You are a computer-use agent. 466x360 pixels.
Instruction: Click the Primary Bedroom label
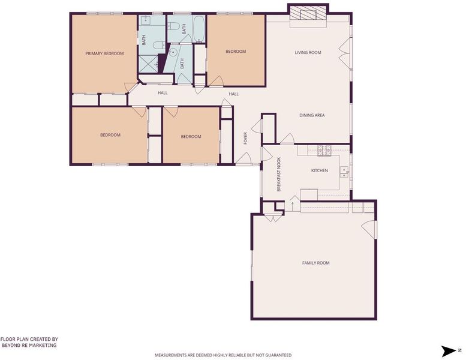(x=104, y=53)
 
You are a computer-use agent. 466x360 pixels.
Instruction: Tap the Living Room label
(x=308, y=53)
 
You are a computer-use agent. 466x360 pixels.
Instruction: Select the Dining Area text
(x=312, y=115)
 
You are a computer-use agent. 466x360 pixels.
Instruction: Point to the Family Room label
(x=315, y=263)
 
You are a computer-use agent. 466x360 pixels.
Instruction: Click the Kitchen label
(x=320, y=170)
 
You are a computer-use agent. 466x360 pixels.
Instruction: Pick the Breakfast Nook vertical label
(x=279, y=174)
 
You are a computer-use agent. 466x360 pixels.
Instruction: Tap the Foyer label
(x=245, y=138)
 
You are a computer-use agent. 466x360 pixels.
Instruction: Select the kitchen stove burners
(x=324, y=151)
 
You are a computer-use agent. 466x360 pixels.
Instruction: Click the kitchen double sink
(x=344, y=172)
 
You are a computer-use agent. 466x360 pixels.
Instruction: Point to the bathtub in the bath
(x=199, y=29)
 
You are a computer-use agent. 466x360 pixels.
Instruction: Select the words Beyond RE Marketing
(x=29, y=346)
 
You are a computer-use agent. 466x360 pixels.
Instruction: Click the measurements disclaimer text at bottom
(x=223, y=355)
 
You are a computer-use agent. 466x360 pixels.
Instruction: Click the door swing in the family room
(x=368, y=229)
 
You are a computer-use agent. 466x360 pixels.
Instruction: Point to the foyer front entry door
(x=243, y=158)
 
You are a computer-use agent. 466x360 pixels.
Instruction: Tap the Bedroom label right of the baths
(x=236, y=52)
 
